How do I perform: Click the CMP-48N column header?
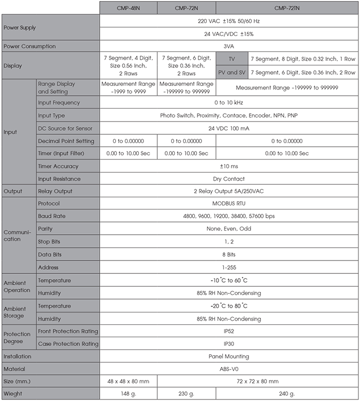(x=128, y=8)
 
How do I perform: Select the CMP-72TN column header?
(x=287, y=8)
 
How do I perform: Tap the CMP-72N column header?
(x=187, y=8)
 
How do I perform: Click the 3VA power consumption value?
(x=229, y=46)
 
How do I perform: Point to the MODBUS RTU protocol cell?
(x=229, y=203)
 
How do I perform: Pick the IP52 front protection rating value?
(x=229, y=331)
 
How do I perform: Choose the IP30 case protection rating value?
(x=229, y=343)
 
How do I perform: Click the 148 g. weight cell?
(x=128, y=394)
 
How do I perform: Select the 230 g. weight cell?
(x=187, y=394)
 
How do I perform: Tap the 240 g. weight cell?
(x=287, y=394)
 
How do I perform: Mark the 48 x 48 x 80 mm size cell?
(x=128, y=381)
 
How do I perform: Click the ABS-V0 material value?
(x=229, y=369)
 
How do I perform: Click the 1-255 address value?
(x=229, y=267)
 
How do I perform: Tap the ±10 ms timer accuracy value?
(x=229, y=166)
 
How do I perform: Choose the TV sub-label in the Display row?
(x=232, y=59)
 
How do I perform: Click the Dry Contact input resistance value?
(x=229, y=179)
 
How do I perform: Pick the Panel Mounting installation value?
(x=229, y=356)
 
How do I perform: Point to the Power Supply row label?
(x=20, y=27)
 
